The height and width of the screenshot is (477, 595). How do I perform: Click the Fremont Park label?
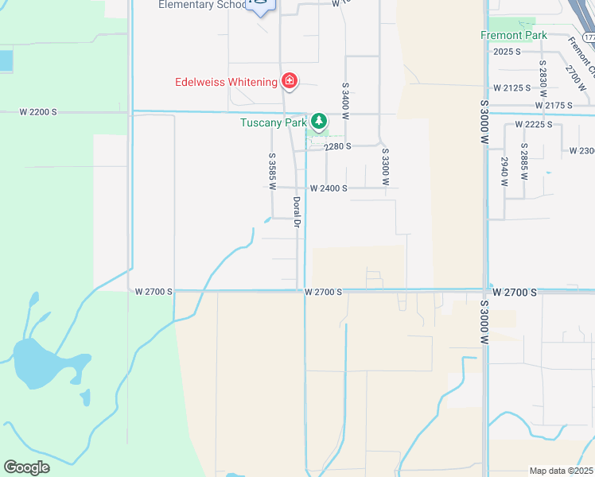[x=513, y=36]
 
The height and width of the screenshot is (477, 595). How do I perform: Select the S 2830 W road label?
[x=542, y=77]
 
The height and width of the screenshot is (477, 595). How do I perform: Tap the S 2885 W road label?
[x=523, y=161]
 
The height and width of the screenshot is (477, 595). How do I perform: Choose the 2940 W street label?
[x=504, y=172]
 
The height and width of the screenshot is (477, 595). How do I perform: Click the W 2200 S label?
[x=38, y=112]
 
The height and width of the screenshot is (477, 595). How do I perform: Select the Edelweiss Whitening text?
[x=226, y=82]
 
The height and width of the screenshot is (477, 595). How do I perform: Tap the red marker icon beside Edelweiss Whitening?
[x=289, y=81]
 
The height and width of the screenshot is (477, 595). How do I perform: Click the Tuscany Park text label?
[x=274, y=122]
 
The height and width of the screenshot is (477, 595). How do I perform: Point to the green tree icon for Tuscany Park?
[x=318, y=122]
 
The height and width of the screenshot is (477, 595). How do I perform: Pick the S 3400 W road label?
[x=345, y=100]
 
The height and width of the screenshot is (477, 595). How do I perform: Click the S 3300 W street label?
[x=385, y=166]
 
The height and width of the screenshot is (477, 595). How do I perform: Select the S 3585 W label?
[x=272, y=171]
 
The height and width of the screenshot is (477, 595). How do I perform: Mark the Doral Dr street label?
[x=295, y=214]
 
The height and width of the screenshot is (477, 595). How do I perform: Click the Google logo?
[x=27, y=467]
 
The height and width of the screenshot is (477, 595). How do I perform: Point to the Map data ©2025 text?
[x=561, y=471]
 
